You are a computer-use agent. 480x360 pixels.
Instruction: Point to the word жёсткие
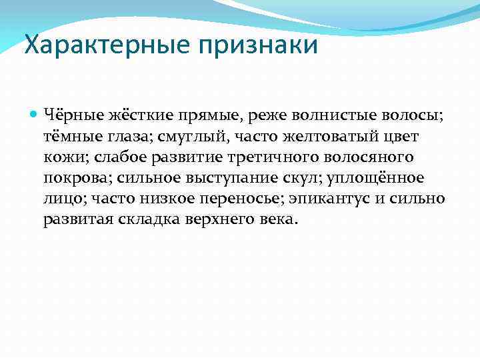(139, 116)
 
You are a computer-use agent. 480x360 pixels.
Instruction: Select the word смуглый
(193, 137)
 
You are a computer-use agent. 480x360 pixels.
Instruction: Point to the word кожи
(61, 157)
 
